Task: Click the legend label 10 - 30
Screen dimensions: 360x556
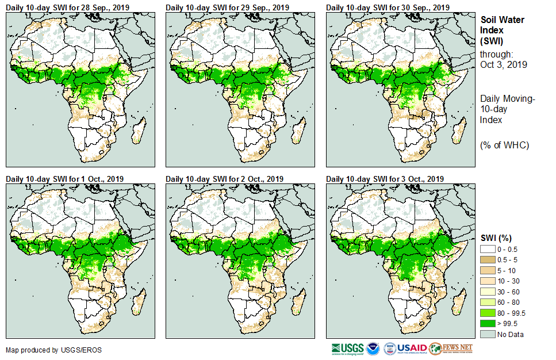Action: tap(508, 281)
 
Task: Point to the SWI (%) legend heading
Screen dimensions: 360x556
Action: tap(496, 238)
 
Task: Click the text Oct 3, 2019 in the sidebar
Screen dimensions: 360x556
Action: tap(503, 64)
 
